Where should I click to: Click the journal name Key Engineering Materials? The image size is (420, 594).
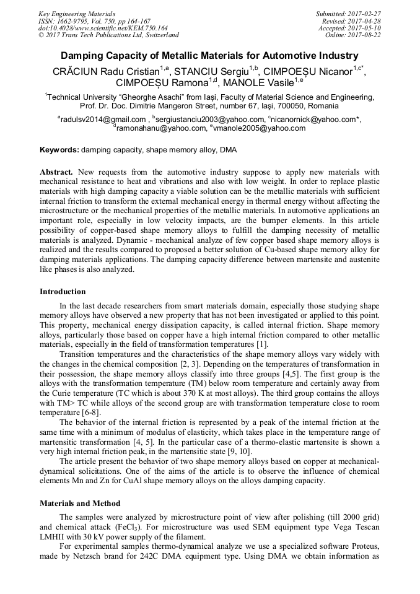[77, 14]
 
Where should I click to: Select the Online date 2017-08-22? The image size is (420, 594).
[362, 35]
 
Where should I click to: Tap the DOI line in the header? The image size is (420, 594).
[103, 28]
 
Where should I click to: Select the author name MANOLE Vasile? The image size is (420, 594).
[259, 82]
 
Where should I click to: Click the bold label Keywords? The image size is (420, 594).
[59, 150]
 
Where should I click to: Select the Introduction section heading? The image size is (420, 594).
[63, 291]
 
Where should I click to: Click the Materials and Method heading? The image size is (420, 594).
[80, 503]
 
